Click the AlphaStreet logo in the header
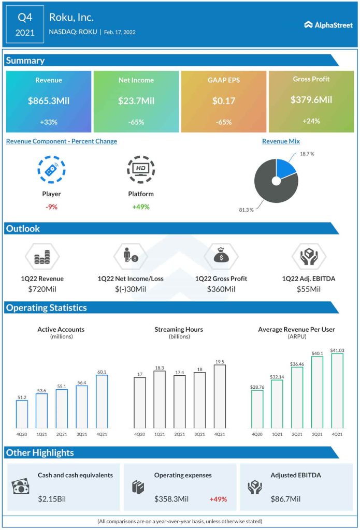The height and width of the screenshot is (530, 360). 328,24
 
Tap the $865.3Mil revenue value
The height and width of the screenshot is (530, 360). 49,100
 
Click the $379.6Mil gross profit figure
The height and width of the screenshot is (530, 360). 311,100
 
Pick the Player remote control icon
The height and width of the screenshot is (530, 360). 51,169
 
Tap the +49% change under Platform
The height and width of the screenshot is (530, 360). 141,207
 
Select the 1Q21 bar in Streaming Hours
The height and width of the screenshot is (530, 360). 160,400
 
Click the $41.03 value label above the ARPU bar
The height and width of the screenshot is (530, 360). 337,350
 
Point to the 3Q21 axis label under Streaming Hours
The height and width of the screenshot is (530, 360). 199,435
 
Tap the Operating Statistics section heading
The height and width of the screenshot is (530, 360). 46,308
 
